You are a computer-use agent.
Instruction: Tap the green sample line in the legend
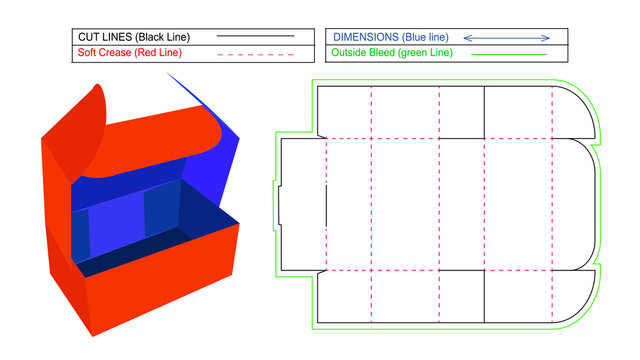pos(514,53)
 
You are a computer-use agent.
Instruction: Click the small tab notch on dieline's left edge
pos(279,204)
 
